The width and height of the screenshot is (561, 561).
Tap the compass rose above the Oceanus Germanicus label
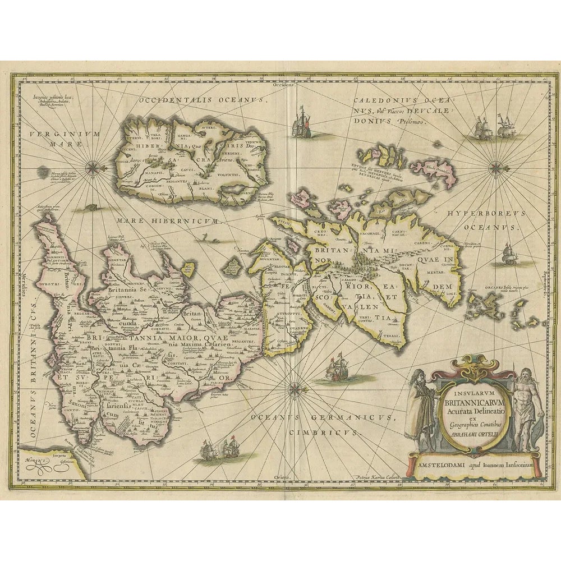294,387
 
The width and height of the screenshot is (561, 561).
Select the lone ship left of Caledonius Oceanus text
302,121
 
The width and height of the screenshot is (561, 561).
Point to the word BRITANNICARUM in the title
474,401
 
